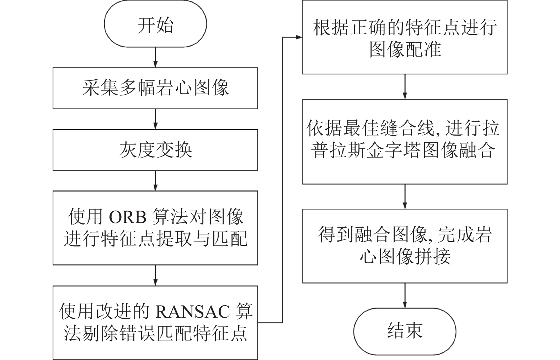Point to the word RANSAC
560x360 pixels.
[193, 312]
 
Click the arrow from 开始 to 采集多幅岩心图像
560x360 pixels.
[155, 57]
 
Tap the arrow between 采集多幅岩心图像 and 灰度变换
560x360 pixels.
[155, 119]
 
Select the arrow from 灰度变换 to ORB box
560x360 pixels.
[155, 181]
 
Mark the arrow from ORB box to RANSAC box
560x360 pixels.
[155, 275]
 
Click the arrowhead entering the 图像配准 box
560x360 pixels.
[299, 37]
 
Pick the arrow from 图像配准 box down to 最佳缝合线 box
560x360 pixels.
[405, 86]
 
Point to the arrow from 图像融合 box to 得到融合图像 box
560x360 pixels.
[405, 197]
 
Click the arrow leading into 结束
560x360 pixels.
[405, 296]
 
